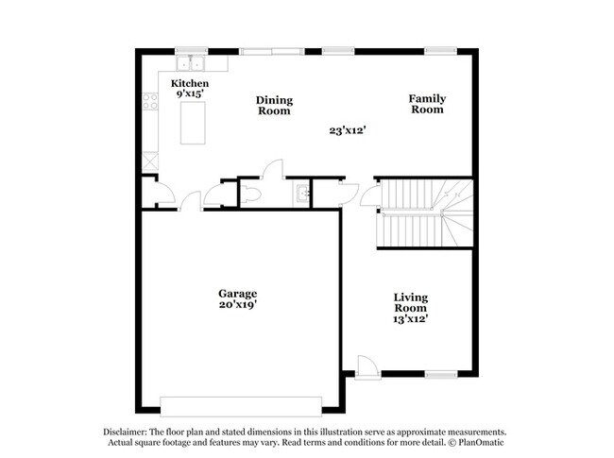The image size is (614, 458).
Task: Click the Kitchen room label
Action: point(189,84)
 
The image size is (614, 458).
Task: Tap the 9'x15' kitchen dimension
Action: point(189,94)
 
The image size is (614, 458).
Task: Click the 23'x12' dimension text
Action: point(348,131)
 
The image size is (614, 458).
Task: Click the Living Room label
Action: point(411,302)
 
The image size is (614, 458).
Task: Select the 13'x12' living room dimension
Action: point(411,318)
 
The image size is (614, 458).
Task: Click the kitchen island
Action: point(193,124)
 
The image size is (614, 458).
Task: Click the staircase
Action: point(420,212)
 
